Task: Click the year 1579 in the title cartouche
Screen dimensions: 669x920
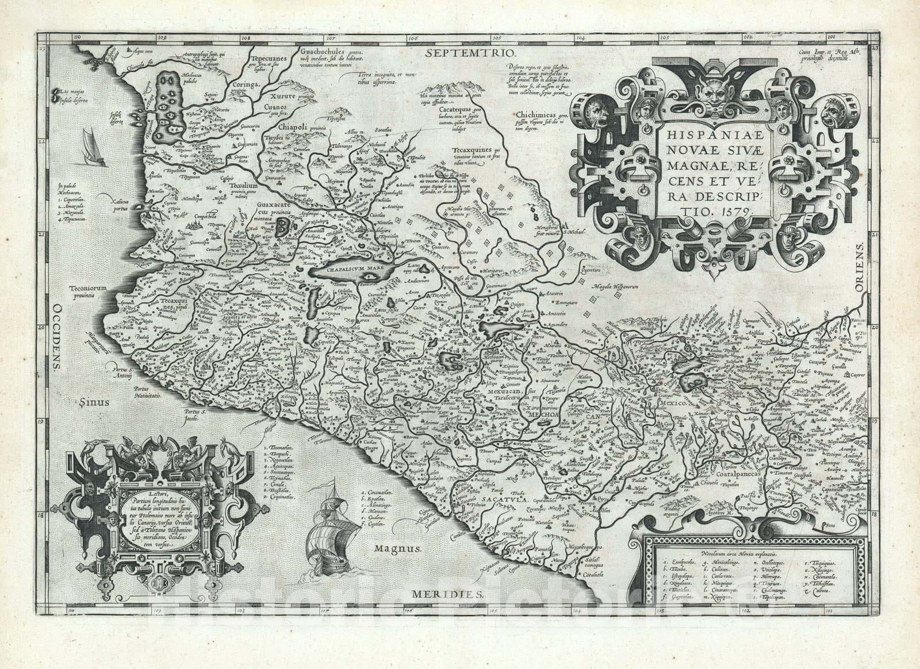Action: click(734, 211)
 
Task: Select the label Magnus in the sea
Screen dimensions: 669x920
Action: click(396, 549)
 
